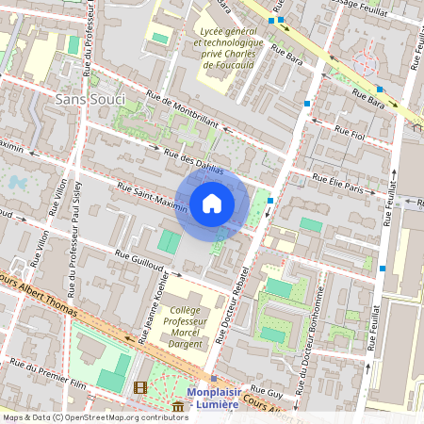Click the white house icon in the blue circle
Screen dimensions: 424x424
[x=212, y=203]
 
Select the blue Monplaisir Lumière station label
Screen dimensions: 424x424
[x=223, y=399]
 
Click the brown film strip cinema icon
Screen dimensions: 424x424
[x=140, y=387]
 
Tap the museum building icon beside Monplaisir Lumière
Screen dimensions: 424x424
[x=178, y=407]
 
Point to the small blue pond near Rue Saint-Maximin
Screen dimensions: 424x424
[x=17, y=182]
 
